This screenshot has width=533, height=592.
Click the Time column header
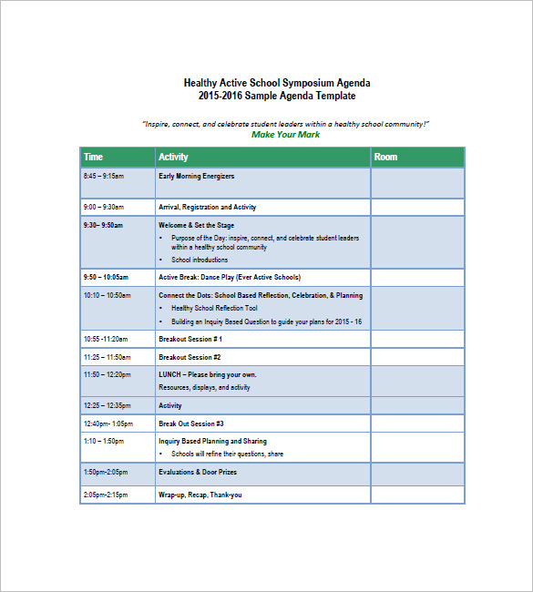[93, 158]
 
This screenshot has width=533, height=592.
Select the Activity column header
[173, 158]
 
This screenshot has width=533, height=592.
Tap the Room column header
[385, 158]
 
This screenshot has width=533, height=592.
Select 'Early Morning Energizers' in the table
[196, 176]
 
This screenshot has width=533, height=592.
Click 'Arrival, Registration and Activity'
[207, 208]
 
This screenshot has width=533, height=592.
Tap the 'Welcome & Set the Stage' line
[196, 225]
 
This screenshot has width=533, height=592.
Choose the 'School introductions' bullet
[200, 260]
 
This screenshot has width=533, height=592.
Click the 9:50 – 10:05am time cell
[106, 277]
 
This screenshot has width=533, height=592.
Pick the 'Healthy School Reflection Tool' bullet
[214, 308]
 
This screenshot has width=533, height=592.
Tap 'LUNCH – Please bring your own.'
[207, 374]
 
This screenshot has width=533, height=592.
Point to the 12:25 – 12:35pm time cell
[106, 405]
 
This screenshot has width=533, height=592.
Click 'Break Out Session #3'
[190, 424]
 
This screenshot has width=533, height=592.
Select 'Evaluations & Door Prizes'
[198, 472]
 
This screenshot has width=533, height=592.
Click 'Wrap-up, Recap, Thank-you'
[200, 495]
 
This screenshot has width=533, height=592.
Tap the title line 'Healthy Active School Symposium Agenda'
[277, 83]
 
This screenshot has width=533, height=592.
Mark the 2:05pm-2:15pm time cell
[106, 495]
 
